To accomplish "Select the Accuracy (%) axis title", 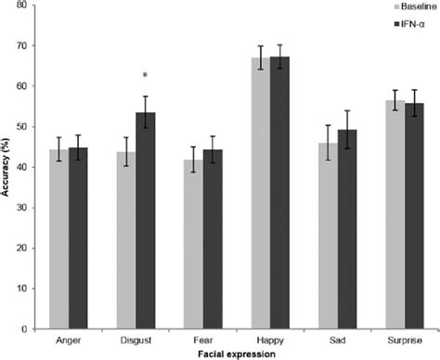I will [x=7, y=167].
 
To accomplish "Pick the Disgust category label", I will [x=136, y=340].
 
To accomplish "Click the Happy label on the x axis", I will [x=269, y=340].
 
